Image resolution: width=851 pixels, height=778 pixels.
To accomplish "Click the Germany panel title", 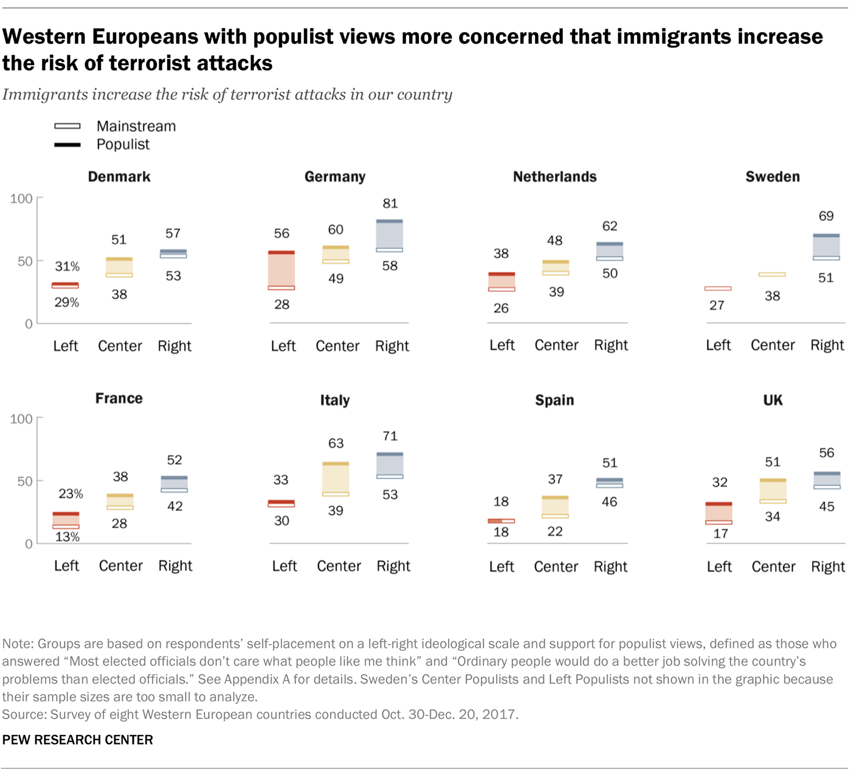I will point(335,177).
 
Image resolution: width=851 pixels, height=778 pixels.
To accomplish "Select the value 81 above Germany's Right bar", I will point(390,204).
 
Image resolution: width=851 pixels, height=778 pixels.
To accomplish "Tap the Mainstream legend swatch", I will point(67,126).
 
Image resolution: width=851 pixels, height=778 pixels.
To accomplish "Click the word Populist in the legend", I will point(123,145).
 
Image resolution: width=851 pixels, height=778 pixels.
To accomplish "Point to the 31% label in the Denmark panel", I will point(67,266).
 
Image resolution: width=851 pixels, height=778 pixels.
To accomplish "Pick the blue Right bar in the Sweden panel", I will point(826,247).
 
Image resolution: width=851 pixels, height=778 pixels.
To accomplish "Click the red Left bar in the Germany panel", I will point(281,270).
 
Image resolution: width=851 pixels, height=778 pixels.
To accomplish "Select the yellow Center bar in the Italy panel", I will point(336,479).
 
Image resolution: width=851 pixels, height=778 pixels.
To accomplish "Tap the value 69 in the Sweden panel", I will point(826,216).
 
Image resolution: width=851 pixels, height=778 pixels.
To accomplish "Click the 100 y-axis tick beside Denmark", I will point(21,199).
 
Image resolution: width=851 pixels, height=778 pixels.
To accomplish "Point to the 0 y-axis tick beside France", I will point(29,544).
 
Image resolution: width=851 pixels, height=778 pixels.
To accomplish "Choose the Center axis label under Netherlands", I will point(556,346).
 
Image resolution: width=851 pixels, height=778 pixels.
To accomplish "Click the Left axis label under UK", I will point(719,567).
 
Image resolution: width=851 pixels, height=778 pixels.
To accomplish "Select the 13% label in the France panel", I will point(67,537).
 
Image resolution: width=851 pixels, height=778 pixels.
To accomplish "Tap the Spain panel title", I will point(554,400).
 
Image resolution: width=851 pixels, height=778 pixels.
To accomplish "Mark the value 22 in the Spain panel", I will point(555,532).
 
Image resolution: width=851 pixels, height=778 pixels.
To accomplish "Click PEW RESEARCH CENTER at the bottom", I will point(78,740).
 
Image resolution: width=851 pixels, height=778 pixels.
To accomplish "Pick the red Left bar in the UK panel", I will point(718,513).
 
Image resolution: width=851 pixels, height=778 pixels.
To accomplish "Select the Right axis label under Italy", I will point(393,566).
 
